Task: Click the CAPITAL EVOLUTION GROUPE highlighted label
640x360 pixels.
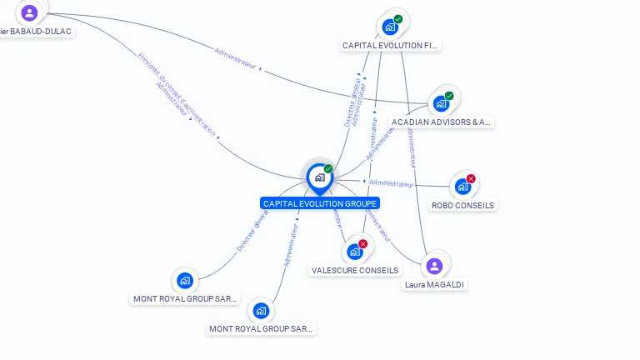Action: click(320, 203)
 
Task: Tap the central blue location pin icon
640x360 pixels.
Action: click(319, 177)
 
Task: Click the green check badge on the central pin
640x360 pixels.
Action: click(328, 169)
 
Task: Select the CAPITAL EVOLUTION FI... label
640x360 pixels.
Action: click(390, 45)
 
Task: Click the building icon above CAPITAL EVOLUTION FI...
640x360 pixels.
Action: click(390, 27)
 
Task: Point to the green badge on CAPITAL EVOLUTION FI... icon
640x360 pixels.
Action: click(398, 19)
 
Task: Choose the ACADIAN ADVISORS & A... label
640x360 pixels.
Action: click(442, 122)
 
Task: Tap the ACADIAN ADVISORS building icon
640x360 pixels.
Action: click(440, 104)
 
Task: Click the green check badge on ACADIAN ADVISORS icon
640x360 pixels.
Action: click(449, 96)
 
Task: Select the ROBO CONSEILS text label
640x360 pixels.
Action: click(462, 205)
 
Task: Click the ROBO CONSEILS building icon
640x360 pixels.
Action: click(462, 187)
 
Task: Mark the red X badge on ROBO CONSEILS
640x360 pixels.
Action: click(471, 179)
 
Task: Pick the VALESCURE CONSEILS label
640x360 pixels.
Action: click(355, 270)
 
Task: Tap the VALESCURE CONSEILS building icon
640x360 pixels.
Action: click(354, 252)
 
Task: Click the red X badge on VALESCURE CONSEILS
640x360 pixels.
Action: click(362, 244)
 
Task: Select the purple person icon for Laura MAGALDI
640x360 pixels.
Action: click(433, 267)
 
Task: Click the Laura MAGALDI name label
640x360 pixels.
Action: click(434, 284)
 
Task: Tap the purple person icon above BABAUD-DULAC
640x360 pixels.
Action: click(29, 12)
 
